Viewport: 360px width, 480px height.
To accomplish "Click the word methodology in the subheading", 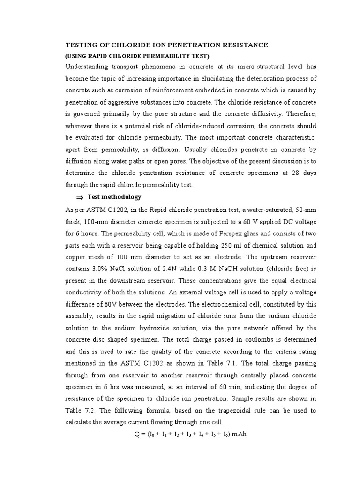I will [x=121, y=197].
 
